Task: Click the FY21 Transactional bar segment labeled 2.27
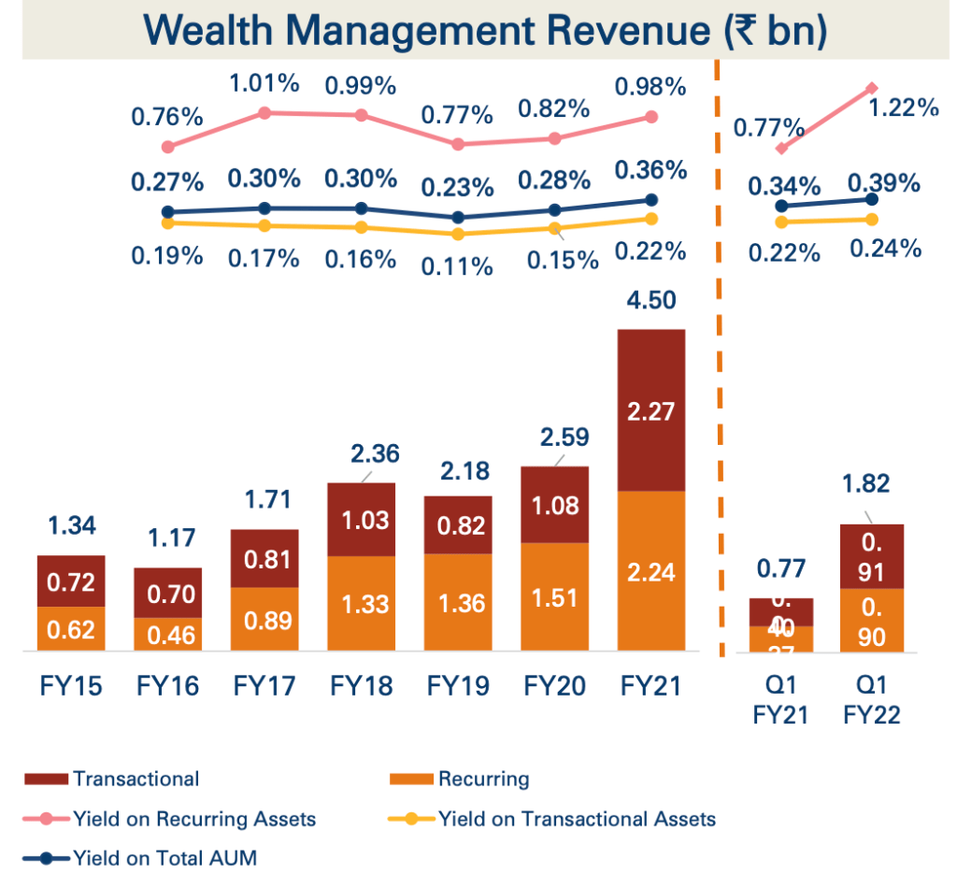[651, 411]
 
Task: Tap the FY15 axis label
[71, 687]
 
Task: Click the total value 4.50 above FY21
[651, 301]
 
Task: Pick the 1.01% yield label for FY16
[264, 83]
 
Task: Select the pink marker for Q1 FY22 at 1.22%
[871, 88]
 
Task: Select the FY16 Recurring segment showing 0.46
[168, 635]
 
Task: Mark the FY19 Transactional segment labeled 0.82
[458, 525]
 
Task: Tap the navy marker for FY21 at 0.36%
[652, 200]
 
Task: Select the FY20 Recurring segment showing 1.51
[555, 597]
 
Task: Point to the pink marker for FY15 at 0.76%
[168, 147]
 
